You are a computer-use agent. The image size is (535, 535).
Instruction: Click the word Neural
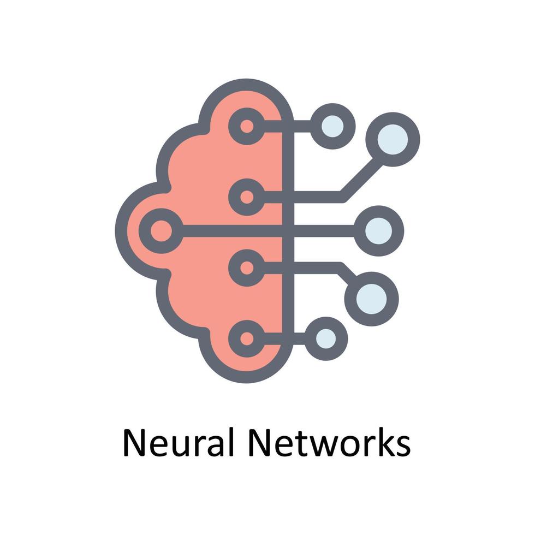(178, 443)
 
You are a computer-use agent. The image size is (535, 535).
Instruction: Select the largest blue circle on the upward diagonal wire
(392, 139)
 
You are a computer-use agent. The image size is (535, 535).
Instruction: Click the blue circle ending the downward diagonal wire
(372, 298)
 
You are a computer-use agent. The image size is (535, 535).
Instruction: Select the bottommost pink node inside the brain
(247, 338)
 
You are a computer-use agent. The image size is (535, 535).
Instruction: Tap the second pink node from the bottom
(247, 267)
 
